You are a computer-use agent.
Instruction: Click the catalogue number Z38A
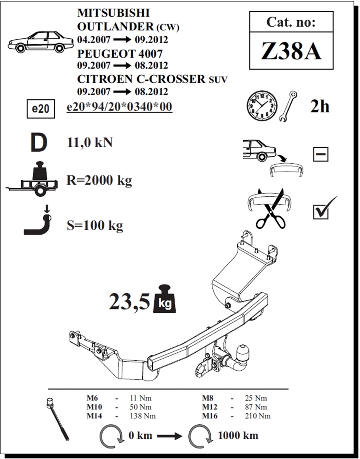pyautogui.click(x=291, y=51)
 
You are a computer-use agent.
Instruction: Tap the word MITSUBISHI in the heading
pyautogui.click(x=113, y=13)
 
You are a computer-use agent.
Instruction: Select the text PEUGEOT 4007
pyautogui.click(x=120, y=54)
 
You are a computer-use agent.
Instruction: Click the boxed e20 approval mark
pyautogui.click(x=41, y=109)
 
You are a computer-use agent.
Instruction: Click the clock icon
pyautogui.click(x=262, y=106)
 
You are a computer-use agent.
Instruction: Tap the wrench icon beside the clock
pyautogui.click(x=288, y=106)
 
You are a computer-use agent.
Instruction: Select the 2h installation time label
pyautogui.click(x=320, y=106)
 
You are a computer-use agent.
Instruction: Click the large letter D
pyautogui.click(x=39, y=142)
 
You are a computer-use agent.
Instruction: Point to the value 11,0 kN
pyautogui.click(x=90, y=142)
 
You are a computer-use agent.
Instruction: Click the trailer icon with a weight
pyautogui.click(x=32, y=179)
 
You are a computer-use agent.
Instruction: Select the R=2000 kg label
pyautogui.click(x=99, y=181)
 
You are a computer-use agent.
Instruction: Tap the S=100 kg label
pyautogui.click(x=95, y=226)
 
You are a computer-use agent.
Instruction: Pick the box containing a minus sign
pyautogui.click(x=321, y=154)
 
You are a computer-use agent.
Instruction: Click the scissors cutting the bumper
pyautogui.click(x=271, y=209)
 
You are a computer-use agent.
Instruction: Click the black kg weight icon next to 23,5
pyautogui.click(x=165, y=299)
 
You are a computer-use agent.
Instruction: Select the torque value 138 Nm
pyautogui.click(x=143, y=416)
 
